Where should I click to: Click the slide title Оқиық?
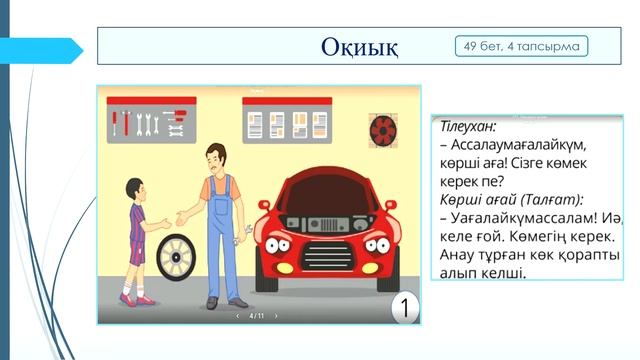[360, 47]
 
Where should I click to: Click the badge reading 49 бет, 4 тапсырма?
[521, 46]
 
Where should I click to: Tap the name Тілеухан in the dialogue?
[467, 127]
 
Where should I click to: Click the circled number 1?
[403, 307]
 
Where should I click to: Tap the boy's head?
[136, 187]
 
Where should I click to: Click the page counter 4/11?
[257, 316]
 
